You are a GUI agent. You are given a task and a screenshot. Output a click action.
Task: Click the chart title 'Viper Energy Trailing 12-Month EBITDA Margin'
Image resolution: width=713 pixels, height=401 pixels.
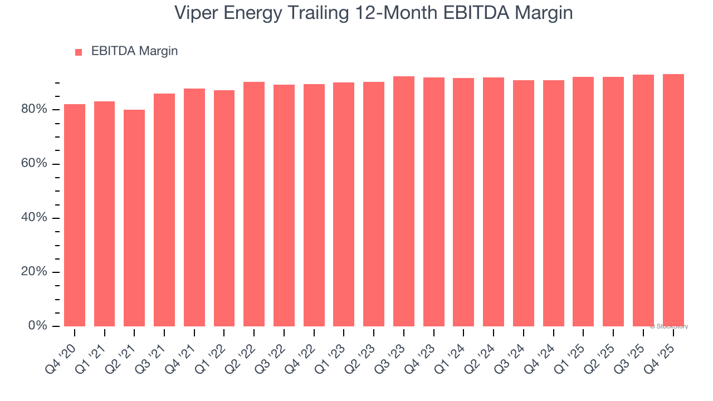click(x=373, y=13)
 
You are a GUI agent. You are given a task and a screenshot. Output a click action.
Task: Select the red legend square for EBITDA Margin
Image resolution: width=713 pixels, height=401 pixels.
click(x=79, y=52)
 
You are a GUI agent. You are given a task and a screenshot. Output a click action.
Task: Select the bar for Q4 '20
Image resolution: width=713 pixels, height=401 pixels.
click(x=75, y=215)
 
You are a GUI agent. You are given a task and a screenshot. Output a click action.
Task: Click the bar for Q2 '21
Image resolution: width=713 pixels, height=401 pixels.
click(x=134, y=218)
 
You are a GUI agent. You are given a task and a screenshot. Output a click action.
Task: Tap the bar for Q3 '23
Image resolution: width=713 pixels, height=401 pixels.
click(x=404, y=201)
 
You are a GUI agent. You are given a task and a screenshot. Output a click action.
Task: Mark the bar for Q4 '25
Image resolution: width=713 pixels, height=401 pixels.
click(x=673, y=200)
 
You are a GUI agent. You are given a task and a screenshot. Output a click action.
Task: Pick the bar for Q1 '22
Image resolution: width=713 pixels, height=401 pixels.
click(x=224, y=208)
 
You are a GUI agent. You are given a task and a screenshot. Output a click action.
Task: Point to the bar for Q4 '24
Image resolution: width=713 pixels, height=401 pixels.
click(x=553, y=203)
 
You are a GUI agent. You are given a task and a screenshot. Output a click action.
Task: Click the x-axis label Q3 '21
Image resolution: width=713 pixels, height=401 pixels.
click(x=155, y=349)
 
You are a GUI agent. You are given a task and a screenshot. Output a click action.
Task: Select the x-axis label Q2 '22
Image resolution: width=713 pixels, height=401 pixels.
click(x=245, y=349)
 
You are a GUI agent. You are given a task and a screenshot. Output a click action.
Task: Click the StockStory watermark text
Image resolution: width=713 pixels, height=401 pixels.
click(x=668, y=326)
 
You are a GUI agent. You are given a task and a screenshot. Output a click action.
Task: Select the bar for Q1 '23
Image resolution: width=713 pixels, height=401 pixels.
click(x=344, y=204)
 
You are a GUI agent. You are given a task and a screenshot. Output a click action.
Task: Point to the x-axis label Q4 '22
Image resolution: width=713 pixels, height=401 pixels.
click(x=305, y=349)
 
